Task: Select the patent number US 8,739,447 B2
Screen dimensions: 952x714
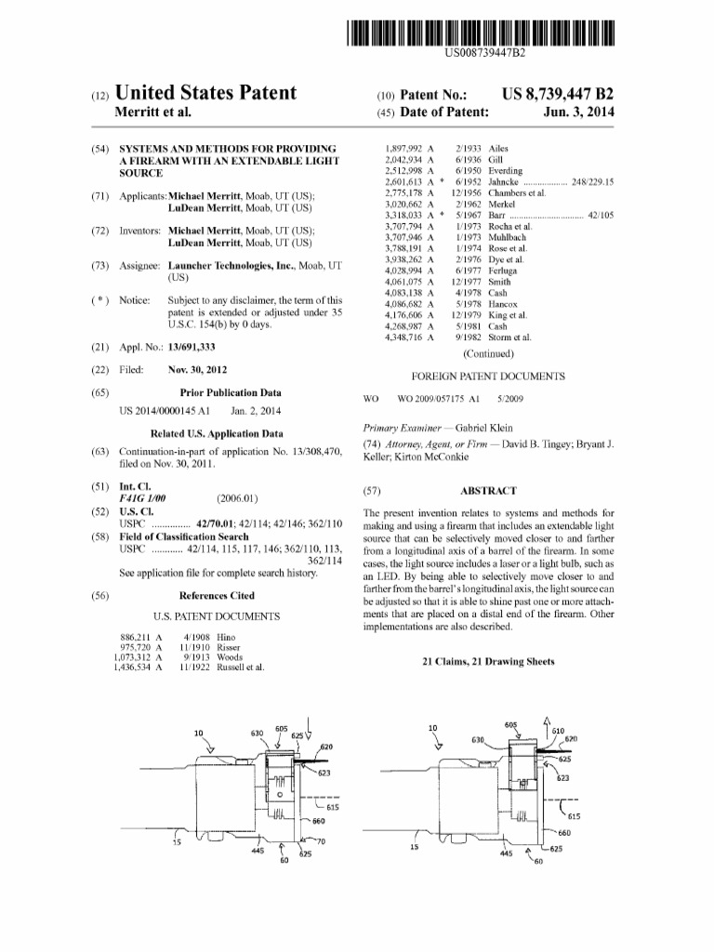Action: (558, 93)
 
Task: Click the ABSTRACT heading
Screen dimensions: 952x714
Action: (487, 491)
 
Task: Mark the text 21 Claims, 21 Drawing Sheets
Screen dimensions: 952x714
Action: (488, 662)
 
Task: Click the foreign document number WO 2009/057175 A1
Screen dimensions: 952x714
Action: (437, 398)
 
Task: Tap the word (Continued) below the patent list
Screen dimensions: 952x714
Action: (487, 353)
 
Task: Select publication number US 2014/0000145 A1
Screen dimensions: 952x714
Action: (166, 410)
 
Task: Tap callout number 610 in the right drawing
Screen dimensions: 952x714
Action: (559, 730)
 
